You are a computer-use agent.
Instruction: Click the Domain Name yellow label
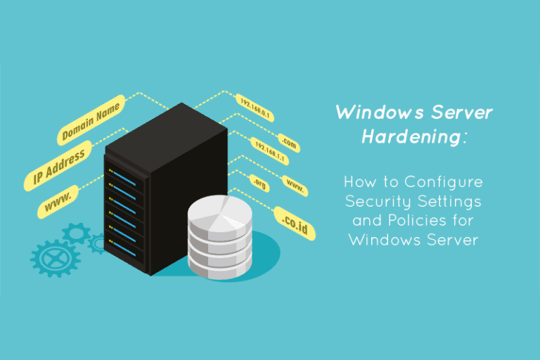(x=91, y=120)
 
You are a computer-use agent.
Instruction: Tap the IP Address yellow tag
(x=58, y=166)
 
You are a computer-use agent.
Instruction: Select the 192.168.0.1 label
(x=255, y=108)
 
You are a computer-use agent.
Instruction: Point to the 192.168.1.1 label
(x=270, y=151)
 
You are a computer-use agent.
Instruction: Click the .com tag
(x=289, y=143)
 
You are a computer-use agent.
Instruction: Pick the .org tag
(x=259, y=184)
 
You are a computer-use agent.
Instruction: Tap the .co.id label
(x=295, y=224)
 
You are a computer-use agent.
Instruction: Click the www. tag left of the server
(x=58, y=202)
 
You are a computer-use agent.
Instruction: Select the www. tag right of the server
(x=295, y=186)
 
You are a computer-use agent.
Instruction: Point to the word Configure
(x=444, y=183)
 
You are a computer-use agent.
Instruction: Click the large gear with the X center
(x=56, y=258)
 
